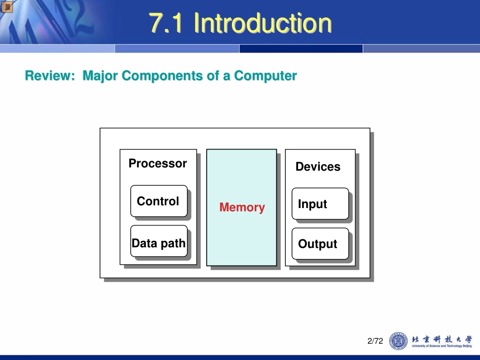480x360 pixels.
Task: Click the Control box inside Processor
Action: tap(159, 201)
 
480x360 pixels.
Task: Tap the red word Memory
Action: tap(242, 208)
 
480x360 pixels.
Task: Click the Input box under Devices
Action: tap(320, 204)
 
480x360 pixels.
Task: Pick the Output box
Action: tap(320, 244)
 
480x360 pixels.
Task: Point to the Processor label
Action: tap(158, 164)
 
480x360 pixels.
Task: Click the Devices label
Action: tap(318, 167)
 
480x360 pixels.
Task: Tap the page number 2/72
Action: tap(375, 341)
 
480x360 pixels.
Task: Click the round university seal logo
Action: tap(398, 341)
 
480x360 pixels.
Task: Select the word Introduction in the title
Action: tap(263, 23)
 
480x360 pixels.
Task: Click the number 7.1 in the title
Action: tap(166, 23)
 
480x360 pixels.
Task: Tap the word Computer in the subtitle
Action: tap(265, 76)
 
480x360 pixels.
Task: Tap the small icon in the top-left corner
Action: tap(7, 7)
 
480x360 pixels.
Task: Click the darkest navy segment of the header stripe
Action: tap(301, 49)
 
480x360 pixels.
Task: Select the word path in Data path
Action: tap(173, 243)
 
